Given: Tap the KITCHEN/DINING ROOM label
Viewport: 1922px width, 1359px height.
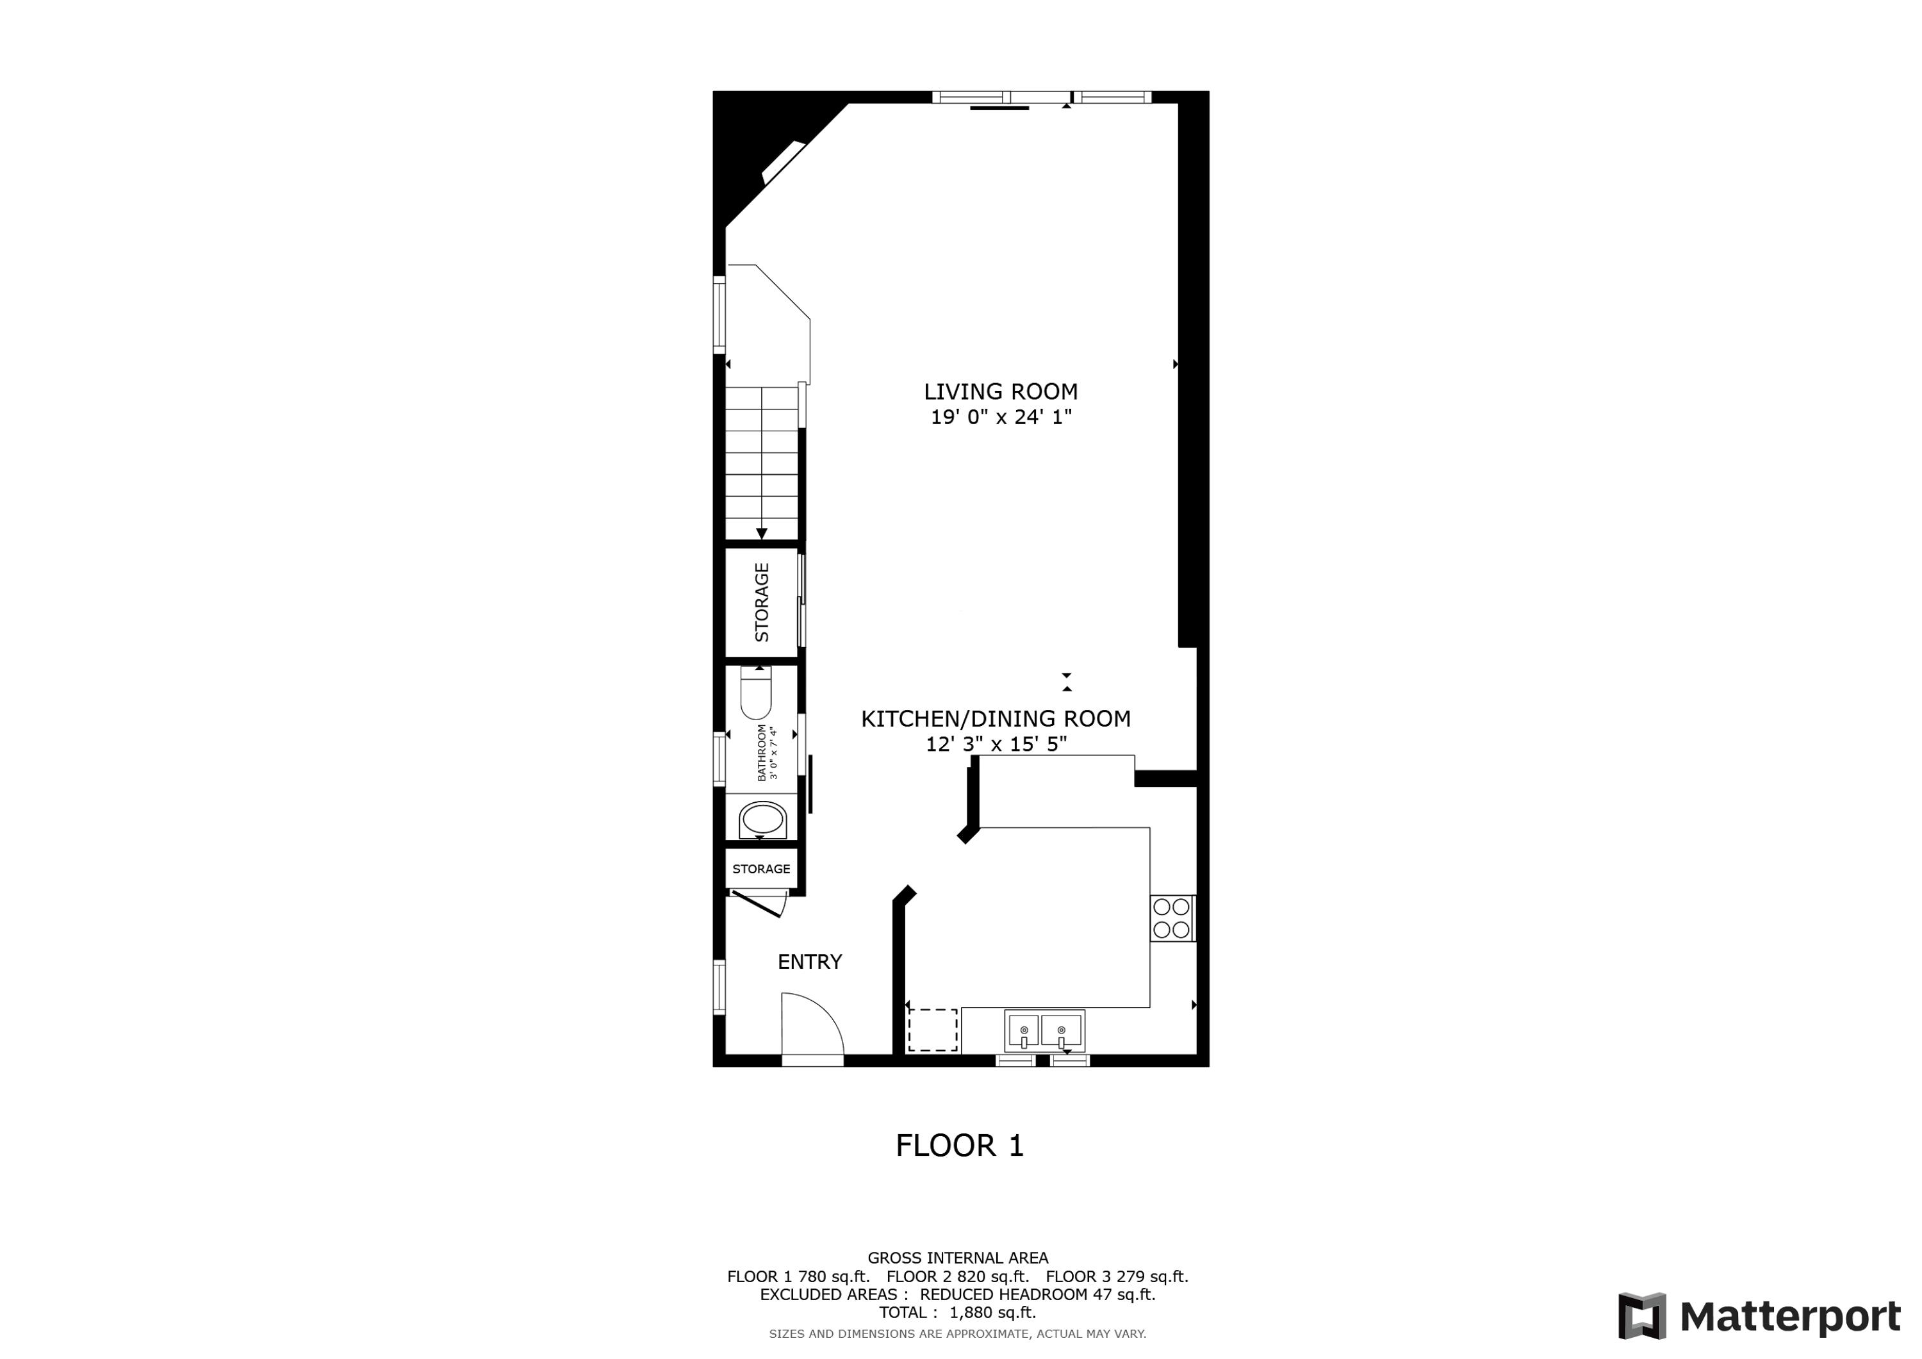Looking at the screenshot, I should click(996, 718).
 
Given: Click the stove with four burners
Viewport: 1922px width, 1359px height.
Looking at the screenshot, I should click(1172, 918).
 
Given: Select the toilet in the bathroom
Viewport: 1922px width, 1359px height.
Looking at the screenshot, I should click(756, 693).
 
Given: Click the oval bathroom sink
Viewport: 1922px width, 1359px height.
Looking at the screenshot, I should click(762, 819).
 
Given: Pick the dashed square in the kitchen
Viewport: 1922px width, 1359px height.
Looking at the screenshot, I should click(933, 1030).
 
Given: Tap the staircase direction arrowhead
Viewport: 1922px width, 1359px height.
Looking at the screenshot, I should click(762, 533).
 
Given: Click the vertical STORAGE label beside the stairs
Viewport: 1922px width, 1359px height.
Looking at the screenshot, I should click(762, 602).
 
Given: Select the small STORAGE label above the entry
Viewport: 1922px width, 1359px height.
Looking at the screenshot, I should click(761, 869).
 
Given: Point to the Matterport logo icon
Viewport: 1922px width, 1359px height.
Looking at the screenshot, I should click(1641, 1316).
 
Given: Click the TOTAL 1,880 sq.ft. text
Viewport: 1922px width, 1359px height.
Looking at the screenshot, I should click(958, 1312).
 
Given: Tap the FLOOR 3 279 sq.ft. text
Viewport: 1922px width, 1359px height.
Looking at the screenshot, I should click(1117, 1277).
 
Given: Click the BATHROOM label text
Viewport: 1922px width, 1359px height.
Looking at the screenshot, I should click(762, 753).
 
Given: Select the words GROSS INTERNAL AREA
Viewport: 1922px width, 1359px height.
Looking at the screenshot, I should click(958, 1258).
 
